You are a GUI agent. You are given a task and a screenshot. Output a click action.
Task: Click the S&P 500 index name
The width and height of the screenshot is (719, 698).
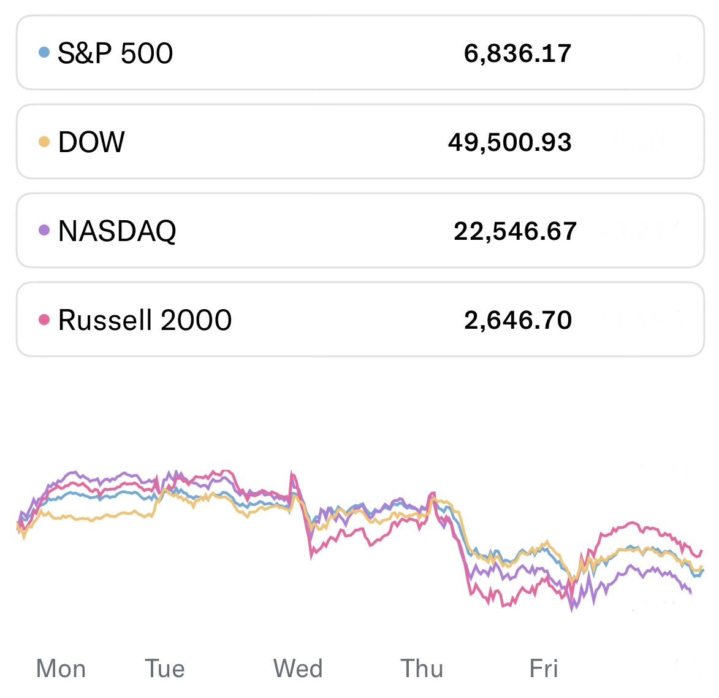[115, 53]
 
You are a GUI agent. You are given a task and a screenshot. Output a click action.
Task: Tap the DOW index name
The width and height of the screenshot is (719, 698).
[91, 142]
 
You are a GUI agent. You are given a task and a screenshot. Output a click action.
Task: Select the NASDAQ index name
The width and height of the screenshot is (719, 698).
[117, 231]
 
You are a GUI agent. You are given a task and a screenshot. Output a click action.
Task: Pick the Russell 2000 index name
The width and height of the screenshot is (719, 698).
[145, 320]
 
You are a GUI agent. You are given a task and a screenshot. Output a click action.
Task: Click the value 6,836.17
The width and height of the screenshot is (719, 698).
[517, 53]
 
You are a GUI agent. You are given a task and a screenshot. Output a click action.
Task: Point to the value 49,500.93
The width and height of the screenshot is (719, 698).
[509, 142]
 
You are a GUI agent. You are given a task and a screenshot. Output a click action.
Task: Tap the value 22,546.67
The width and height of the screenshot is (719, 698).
[515, 231]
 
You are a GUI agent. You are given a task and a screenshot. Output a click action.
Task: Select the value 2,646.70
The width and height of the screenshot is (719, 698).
[518, 320]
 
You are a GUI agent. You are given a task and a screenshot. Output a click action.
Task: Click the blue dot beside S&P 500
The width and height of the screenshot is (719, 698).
[44, 52]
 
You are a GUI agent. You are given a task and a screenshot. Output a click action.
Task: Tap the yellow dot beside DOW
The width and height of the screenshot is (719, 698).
[44, 142]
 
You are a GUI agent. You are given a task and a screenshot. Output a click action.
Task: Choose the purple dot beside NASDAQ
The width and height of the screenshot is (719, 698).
[44, 231]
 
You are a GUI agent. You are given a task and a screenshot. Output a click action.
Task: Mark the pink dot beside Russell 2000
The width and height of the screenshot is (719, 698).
[44, 320]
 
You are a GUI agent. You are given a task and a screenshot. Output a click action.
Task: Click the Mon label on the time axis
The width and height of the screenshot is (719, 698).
[61, 669]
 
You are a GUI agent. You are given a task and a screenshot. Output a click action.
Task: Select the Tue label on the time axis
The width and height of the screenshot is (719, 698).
[164, 669]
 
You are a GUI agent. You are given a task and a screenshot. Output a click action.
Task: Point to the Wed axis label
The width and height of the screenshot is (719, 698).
[298, 669]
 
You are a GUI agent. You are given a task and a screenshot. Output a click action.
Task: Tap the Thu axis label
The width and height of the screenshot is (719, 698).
[422, 669]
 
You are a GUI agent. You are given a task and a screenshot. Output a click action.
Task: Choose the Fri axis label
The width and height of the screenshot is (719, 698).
[544, 669]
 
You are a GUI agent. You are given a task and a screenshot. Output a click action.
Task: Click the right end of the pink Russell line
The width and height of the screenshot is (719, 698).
[701, 551]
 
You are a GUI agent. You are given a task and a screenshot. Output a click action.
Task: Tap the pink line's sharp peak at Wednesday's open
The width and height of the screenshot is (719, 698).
[292, 474]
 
